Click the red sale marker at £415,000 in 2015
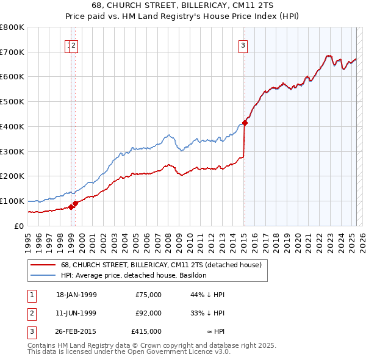pos(245,123)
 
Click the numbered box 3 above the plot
pos(243,45)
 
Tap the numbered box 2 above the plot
pos(73,45)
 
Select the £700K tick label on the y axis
pos(12,52)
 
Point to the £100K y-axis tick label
pos(12,201)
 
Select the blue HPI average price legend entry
pos(134,275)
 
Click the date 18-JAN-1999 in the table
pos(76,295)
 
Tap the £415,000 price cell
pos(146,331)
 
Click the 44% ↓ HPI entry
pos(207,295)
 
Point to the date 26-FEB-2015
pos(76,331)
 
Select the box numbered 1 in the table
pos(30,295)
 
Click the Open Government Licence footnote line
pos(129,351)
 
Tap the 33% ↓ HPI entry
pos(207,313)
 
